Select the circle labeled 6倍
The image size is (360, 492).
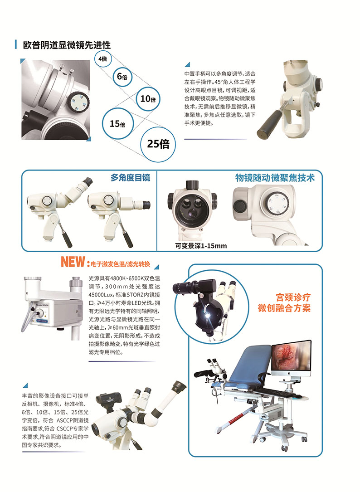point(122,77)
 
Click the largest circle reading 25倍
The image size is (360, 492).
point(158,144)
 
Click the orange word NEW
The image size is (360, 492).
point(73,262)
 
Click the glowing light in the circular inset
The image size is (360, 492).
point(209,314)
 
